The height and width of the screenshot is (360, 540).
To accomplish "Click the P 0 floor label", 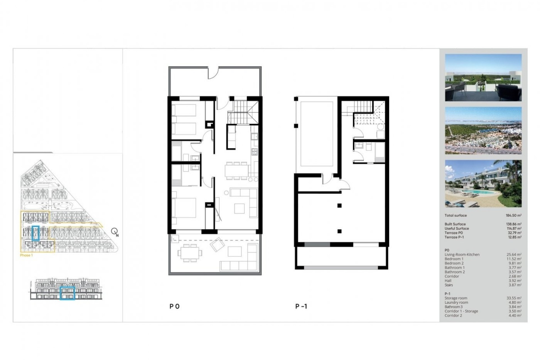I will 174,307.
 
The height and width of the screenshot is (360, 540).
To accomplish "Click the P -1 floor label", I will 301,307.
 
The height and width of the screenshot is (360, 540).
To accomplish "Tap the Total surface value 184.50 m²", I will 513,215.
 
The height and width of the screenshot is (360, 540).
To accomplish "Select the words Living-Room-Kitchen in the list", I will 462,255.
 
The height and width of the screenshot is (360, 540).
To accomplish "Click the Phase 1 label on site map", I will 26,255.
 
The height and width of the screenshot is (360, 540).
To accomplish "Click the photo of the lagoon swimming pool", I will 483,183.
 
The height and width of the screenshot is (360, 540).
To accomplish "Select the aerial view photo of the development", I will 483,130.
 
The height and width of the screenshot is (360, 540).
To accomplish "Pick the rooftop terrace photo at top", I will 483,78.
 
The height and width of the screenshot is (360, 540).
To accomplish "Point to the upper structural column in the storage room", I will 339,206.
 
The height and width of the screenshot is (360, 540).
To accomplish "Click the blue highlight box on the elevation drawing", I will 67,293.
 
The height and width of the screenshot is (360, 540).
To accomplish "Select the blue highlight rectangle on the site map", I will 35,233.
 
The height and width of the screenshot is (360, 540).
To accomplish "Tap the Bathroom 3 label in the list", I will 453,307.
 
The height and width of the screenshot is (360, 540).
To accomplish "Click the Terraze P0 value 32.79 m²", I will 514,233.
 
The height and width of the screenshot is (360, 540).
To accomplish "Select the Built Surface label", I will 455,224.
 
